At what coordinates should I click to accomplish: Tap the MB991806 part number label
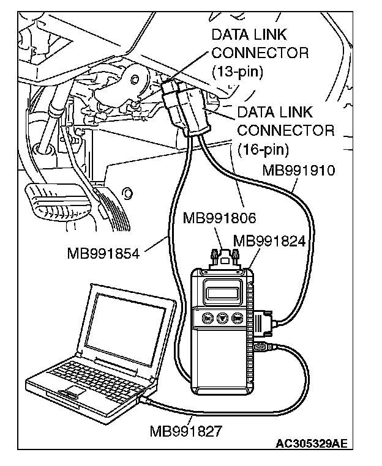[219, 218]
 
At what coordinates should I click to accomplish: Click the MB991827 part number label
[186, 429]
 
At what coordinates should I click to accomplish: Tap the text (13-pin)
[237, 72]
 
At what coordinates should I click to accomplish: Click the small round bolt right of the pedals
[128, 194]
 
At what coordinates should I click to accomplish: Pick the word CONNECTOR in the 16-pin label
[285, 130]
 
